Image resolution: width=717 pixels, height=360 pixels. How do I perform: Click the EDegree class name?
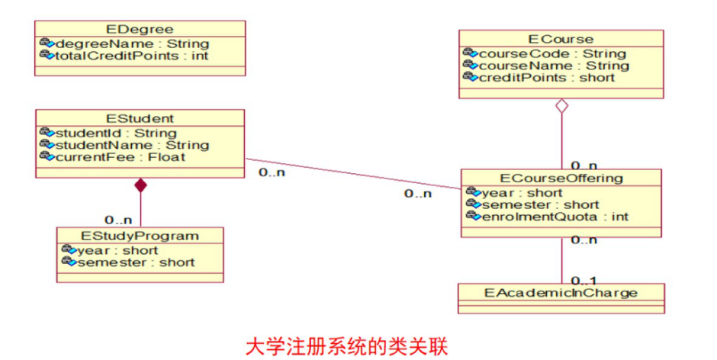click(x=140, y=30)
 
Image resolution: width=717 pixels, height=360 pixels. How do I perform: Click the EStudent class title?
click(x=140, y=118)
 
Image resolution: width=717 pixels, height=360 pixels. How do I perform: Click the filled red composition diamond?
click(x=140, y=185)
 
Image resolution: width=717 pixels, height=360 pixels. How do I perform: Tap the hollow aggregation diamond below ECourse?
click(x=561, y=107)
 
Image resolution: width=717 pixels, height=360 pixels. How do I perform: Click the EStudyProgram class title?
click(x=140, y=236)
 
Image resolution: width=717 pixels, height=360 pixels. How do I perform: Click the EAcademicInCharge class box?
click(x=561, y=292)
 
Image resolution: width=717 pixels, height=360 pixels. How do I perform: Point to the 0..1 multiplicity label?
click(x=584, y=280)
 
